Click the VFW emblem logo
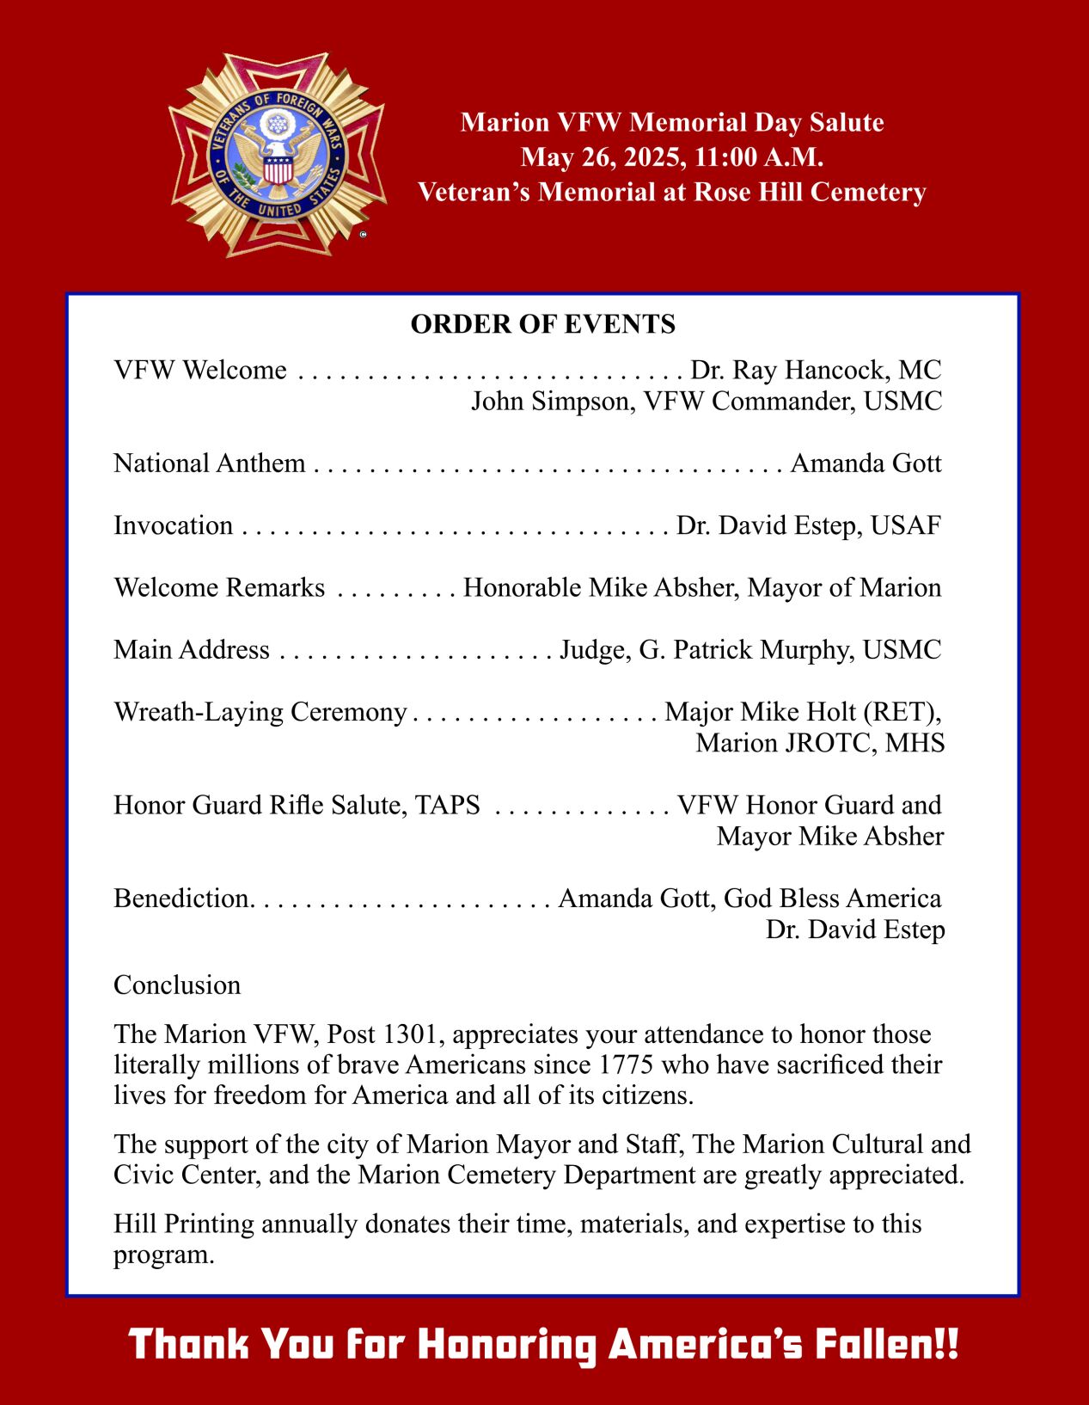(277, 155)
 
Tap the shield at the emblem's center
(277, 169)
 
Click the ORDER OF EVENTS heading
(542, 324)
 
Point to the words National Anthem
(209, 463)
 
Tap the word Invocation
(173, 525)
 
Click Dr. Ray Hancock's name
(789, 370)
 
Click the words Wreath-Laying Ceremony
(260, 712)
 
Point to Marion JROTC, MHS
(819, 743)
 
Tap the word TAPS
(447, 805)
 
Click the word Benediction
(182, 899)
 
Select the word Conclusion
(177, 985)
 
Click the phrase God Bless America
(832, 899)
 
